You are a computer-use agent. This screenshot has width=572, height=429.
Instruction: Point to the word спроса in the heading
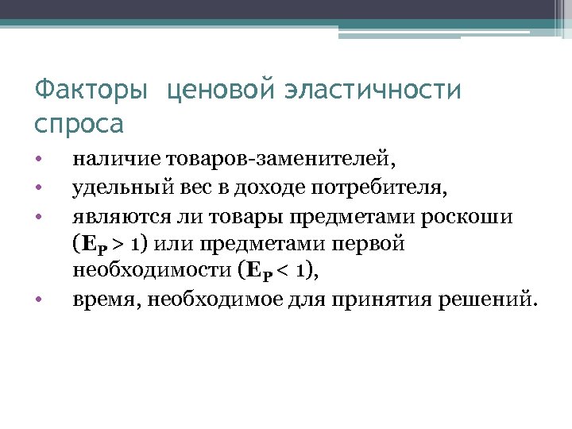(x=80, y=124)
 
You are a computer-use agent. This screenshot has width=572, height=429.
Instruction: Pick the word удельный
(x=113, y=187)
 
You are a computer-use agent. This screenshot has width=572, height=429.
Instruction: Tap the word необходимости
(x=151, y=271)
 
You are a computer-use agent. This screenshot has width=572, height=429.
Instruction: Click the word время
(x=100, y=300)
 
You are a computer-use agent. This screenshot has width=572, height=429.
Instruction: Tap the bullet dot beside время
(x=38, y=300)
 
